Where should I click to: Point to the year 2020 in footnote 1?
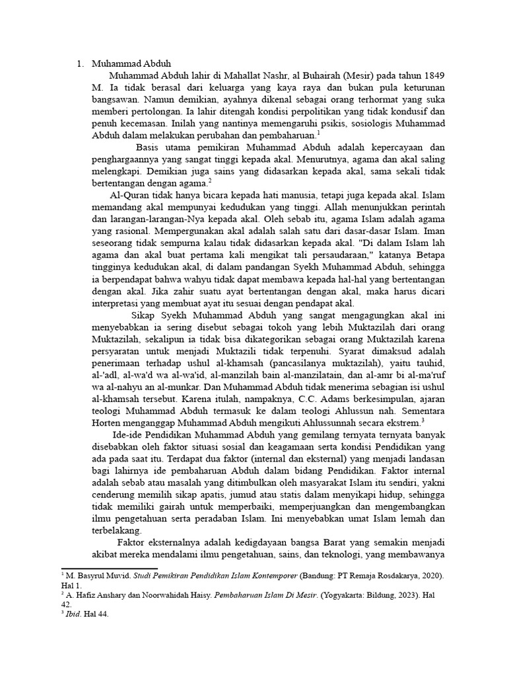click(x=432, y=577)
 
